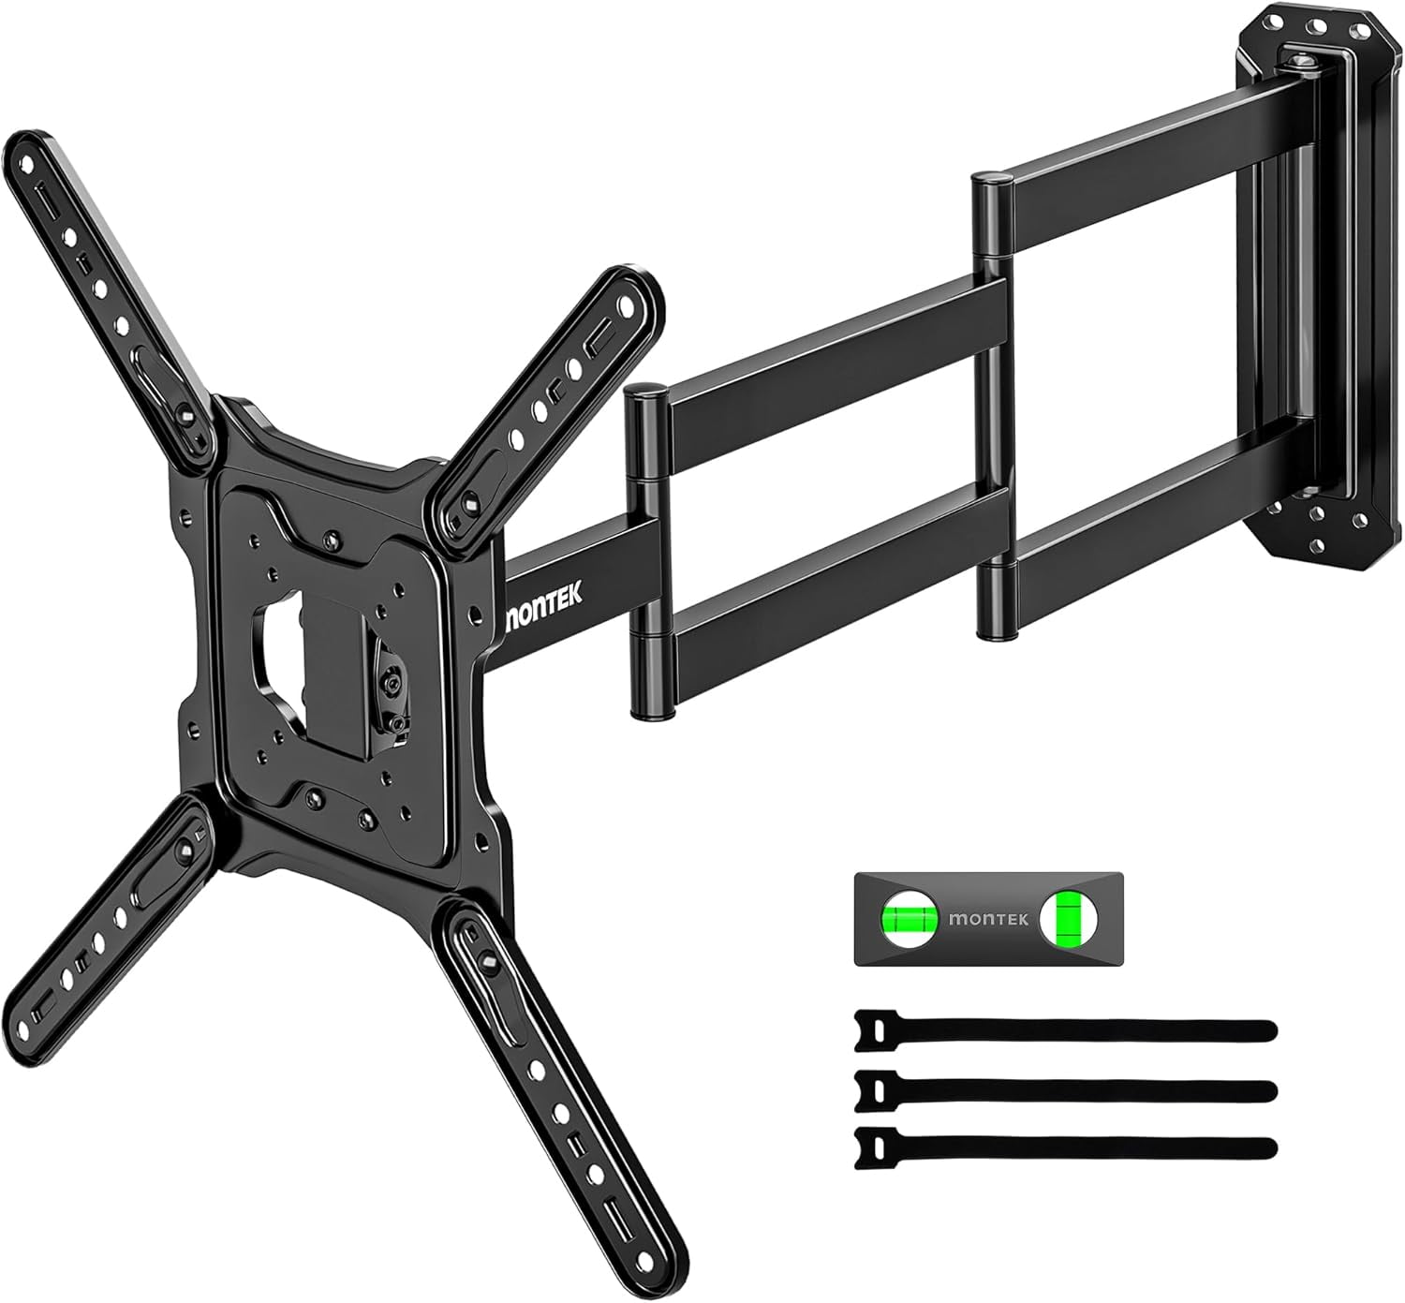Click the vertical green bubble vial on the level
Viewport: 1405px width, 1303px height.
[1066, 917]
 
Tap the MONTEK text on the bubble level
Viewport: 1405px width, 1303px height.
[987, 919]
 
